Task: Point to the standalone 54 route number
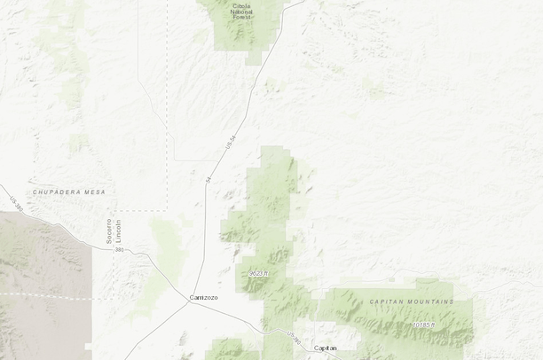(x=209, y=179)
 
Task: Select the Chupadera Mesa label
(x=68, y=192)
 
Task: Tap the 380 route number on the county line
(x=119, y=250)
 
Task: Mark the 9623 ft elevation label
(x=258, y=273)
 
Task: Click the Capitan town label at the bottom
(x=326, y=348)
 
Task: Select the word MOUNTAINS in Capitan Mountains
(x=426, y=301)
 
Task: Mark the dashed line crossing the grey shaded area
(x=44, y=295)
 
